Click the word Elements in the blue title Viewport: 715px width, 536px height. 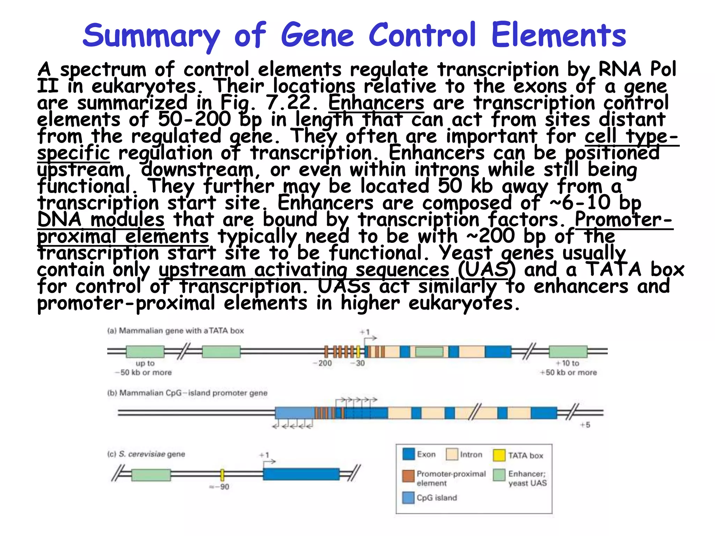559,35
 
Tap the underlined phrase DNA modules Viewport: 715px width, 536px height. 101,220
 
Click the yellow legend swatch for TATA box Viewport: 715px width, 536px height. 499,455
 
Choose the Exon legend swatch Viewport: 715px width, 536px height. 408,454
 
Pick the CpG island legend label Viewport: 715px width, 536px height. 436,498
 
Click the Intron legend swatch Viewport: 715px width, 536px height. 452,454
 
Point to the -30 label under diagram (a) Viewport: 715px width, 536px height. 359,363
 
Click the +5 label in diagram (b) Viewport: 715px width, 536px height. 585,425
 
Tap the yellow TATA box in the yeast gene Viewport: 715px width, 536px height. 222,475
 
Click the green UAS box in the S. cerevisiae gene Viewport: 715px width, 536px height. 151,475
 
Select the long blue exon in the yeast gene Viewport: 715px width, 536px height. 301,474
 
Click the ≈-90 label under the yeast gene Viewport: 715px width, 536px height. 220,487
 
